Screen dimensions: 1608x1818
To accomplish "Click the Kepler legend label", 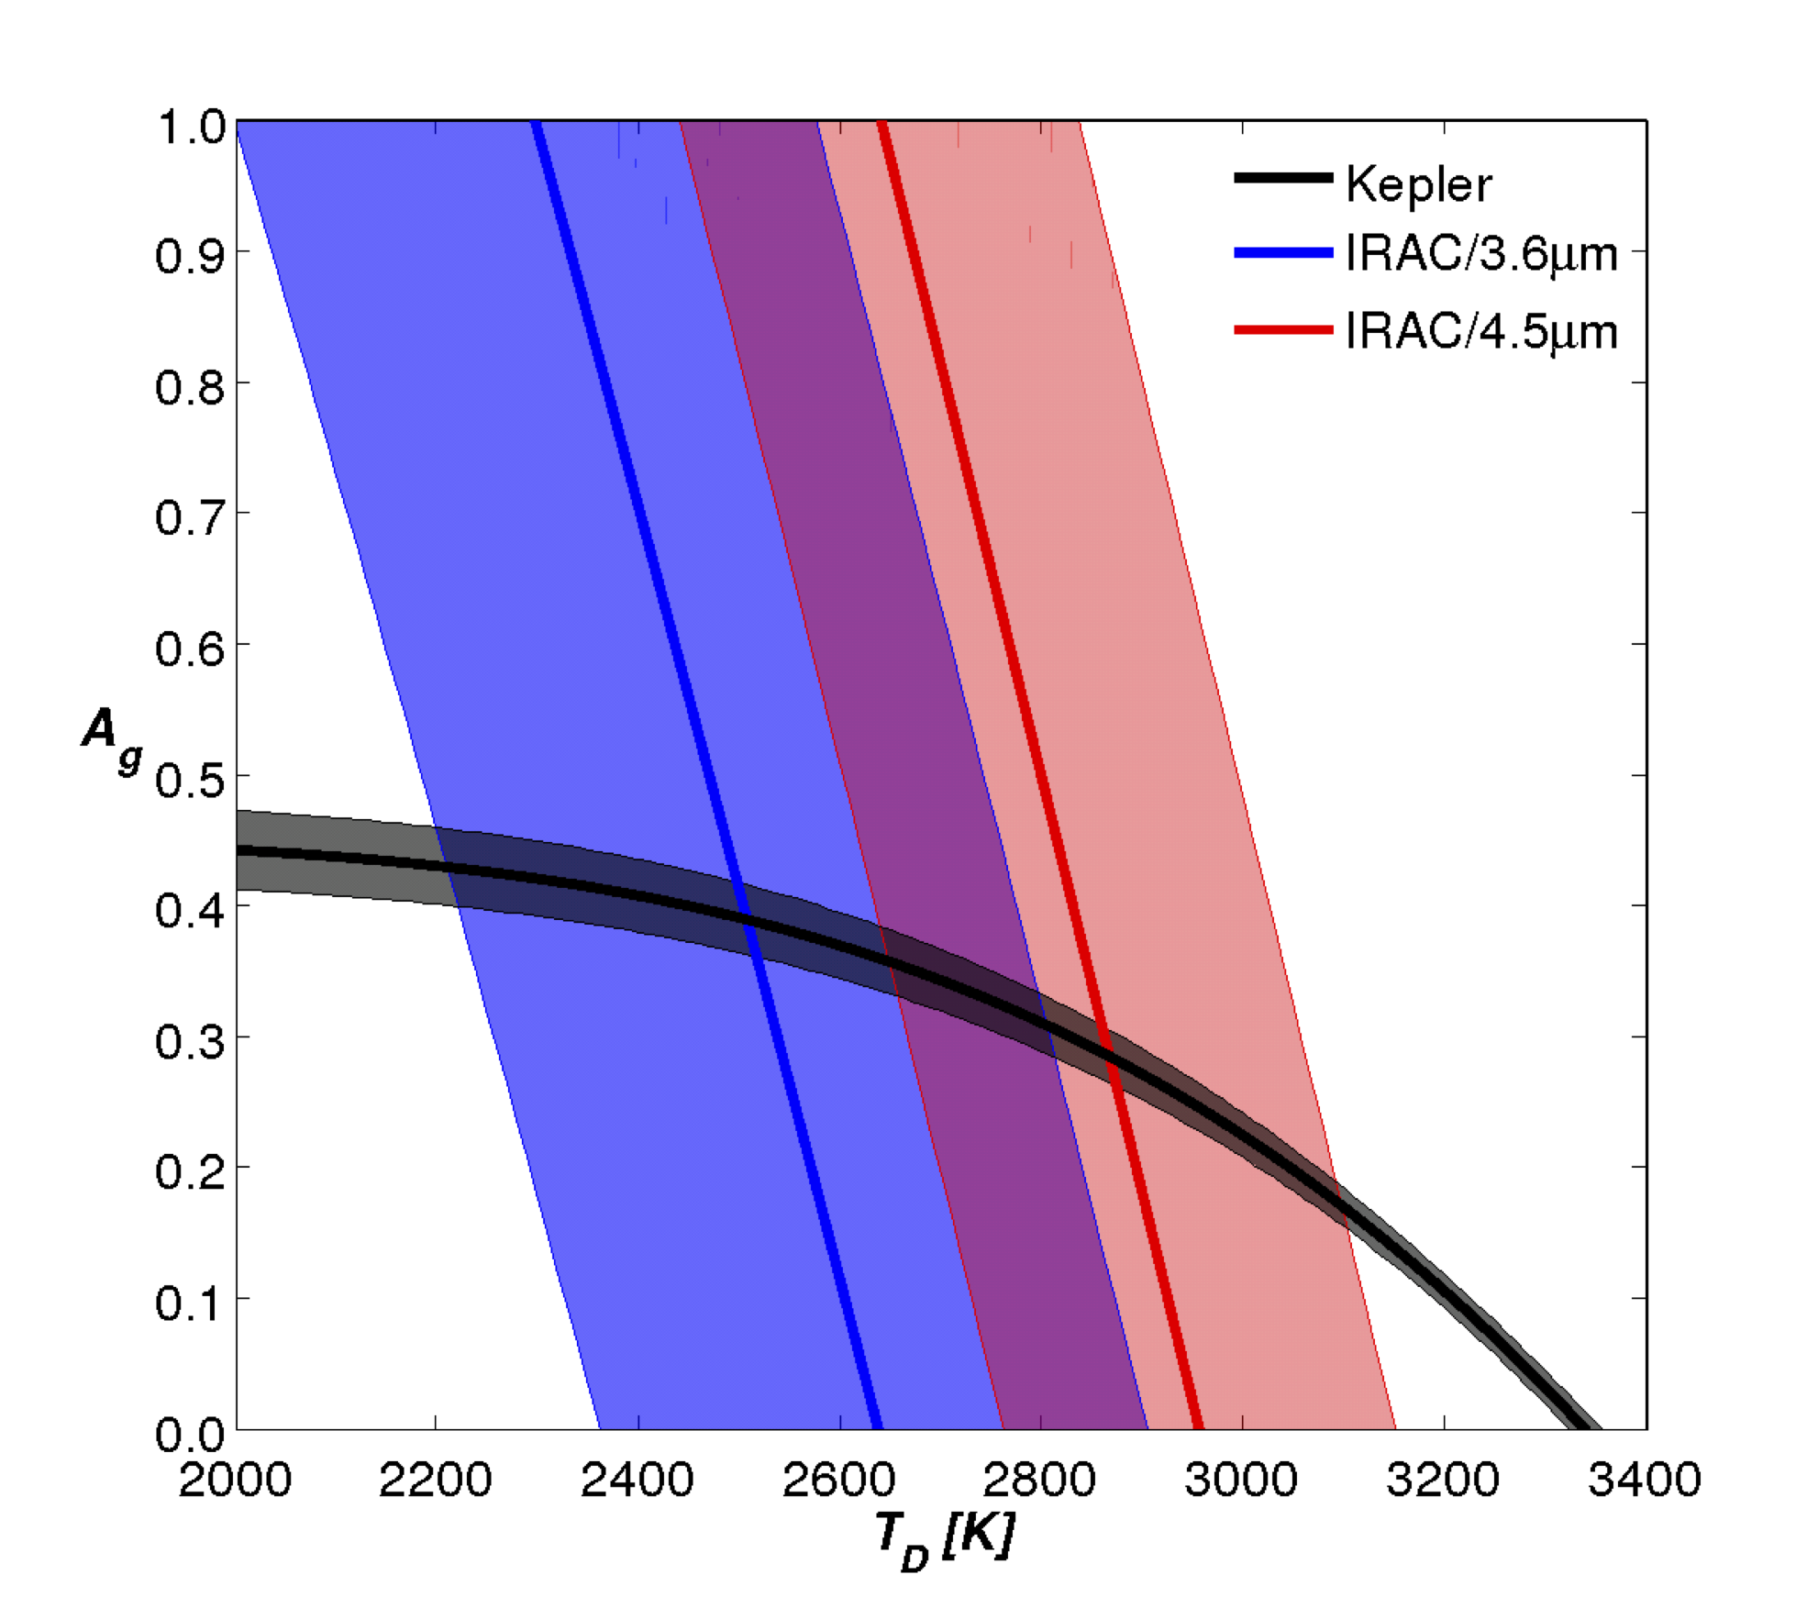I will coord(1418,184).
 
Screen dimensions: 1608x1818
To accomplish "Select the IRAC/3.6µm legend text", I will coord(1480,254).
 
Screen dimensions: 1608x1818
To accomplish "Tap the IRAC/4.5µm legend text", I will coord(1480,331).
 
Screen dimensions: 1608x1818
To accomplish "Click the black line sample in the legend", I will coord(1282,178).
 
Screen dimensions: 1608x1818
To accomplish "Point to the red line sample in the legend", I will coord(1282,329).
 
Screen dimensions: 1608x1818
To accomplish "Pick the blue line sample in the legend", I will coord(1282,252).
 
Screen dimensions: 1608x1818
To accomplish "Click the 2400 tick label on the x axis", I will coord(637,1480).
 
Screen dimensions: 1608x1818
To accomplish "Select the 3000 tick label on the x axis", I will coord(1241,1480).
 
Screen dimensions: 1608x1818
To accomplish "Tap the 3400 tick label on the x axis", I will coord(1644,1480).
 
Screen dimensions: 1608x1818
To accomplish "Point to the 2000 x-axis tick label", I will coord(235,1480).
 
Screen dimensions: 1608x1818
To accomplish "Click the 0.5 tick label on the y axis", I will coord(190,781).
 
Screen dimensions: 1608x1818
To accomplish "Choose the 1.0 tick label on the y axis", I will coord(190,127).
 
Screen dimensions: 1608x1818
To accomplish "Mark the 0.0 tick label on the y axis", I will coord(190,1434).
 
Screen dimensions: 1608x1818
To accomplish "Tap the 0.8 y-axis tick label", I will coord(190,388).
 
